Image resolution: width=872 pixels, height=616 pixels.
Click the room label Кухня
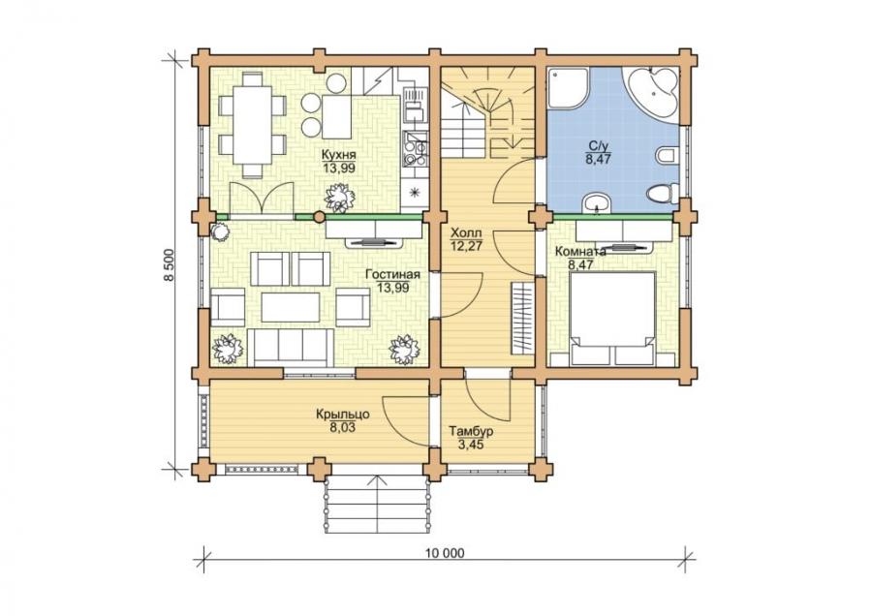[338, 154]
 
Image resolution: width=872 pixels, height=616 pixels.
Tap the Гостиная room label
[392, 275]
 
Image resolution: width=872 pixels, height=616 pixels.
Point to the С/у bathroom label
[598, 147]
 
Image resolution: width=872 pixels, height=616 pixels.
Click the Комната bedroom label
[580, 251]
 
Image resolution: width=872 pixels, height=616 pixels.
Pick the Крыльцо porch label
[343, 415]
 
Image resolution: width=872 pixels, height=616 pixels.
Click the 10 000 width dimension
[445, 553]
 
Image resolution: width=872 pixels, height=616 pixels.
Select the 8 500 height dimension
[171, 265]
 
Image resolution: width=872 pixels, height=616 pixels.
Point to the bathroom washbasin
[596, 203]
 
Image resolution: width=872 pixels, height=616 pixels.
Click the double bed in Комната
[612, 319]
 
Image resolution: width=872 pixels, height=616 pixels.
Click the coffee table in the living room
[291, 307]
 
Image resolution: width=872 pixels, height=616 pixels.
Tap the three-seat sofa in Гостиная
[290, 347]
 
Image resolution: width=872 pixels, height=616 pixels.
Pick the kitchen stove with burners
[415, 149]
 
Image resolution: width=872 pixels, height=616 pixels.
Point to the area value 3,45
[471, 445]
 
